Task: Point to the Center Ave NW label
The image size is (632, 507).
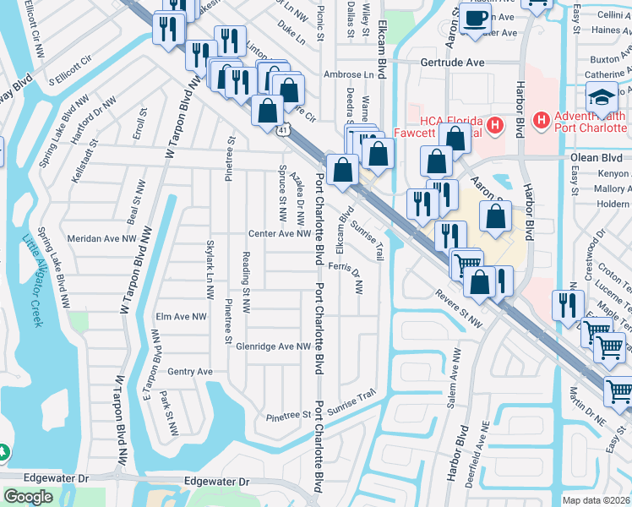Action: [x=280, y=234]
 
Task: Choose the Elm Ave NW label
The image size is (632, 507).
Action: [x=181, y=317]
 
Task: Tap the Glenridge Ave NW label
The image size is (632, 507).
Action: [x=274, y=346]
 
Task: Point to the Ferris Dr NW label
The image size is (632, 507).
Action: [x=346, y=276]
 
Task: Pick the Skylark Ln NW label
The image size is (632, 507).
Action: [x=210, y=270]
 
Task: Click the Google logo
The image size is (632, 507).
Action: [x=28, y=497]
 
